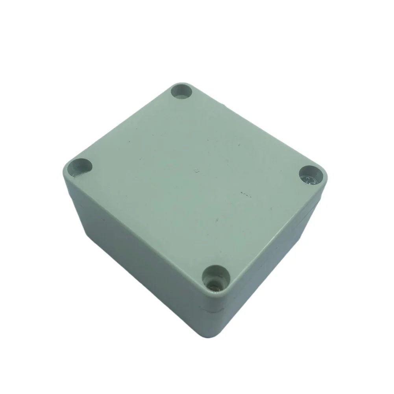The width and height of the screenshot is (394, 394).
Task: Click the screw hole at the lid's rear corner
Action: coord(181,91)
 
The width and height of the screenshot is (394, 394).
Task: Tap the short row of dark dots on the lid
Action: coord(245,194)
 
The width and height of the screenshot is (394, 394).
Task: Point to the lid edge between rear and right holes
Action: coord(256,126)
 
